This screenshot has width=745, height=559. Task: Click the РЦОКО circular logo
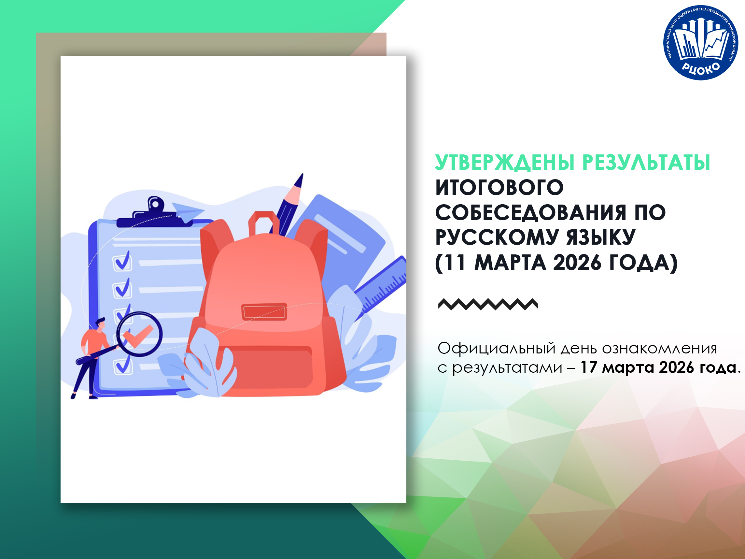point(700,42)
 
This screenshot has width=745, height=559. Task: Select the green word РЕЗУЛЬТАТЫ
point(646,163)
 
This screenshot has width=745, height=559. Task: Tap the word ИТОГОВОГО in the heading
point(499,187)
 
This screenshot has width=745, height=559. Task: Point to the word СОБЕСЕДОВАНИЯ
point(531,213)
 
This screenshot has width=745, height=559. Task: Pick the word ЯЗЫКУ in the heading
point(601,237)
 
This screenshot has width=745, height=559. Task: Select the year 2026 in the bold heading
point(577,263)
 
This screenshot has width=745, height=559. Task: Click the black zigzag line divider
point(488,304)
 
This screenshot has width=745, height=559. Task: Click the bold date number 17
point(588,367)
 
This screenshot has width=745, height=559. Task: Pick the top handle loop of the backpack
point(264,223)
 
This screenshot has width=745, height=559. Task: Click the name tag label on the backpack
point(264,312)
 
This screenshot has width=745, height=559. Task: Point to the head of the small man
point(100,323)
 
